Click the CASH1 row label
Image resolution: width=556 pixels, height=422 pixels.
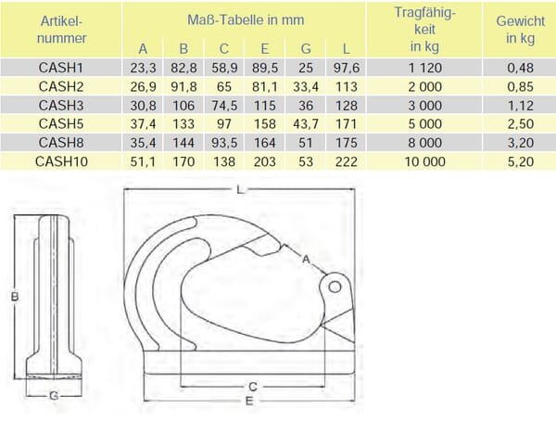pyautogui.click(x=60, y=68)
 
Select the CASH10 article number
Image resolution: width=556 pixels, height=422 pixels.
pyautogui.click(x=61, y=161)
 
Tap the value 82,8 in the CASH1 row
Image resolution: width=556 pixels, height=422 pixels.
pyautogui.click(x=183, y=68)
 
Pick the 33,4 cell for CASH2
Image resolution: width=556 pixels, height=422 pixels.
pyautogui.click(x=306, y=86)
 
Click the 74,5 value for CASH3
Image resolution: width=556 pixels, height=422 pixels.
pyautogui.click(x=224, y=106)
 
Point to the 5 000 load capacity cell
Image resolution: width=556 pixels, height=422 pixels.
pyautogui.click(x=424, y=124)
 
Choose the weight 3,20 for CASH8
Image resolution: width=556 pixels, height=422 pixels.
pyautogui.click(x=520, y=143)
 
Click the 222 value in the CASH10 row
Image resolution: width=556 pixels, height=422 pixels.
pyautogui.click(x=346, y=161)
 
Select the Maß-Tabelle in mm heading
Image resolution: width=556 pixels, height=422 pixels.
pyautogui.click(x=246, y=19)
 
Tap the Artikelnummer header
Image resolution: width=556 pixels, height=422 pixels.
pyautogui.click(x=62, y=30)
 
